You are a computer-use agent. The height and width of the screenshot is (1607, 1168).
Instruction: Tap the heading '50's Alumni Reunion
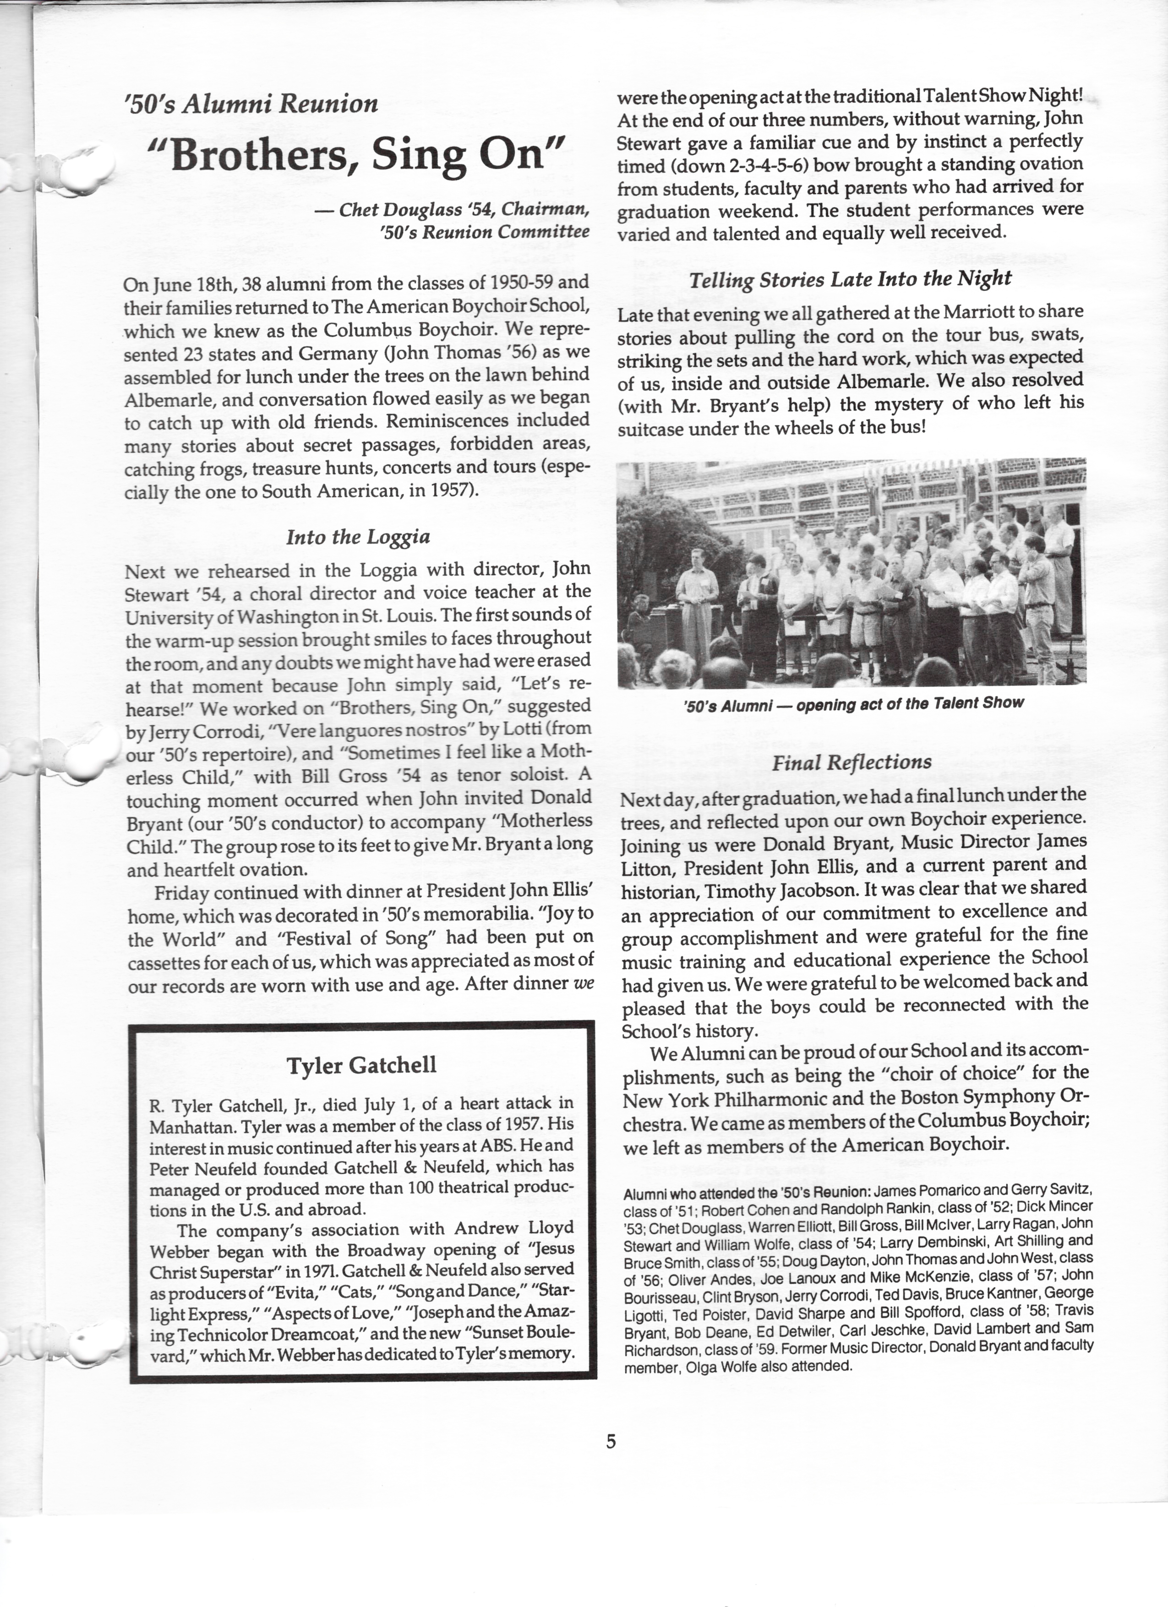click(x=251, y=104)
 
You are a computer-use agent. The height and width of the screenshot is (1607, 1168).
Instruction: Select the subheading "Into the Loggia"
click(x=358, y=537)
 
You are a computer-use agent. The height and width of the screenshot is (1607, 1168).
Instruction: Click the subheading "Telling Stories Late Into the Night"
click(x=851, y=279)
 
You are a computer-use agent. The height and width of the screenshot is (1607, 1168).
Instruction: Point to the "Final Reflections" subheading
click(x=851, y=763)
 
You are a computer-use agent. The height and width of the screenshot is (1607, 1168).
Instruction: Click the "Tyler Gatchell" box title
click(x=361, y=1065)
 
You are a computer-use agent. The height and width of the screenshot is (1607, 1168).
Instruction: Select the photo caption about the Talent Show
click(x=854, y=703)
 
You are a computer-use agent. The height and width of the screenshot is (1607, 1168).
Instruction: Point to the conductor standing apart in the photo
click(x=698, y=595)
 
